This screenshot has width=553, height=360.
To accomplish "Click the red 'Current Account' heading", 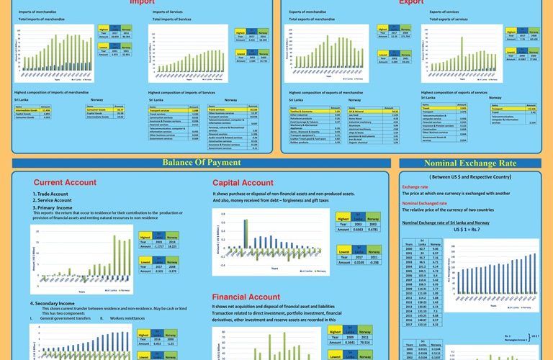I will pos(65,182).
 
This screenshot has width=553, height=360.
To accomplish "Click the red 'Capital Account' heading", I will pos(243,182).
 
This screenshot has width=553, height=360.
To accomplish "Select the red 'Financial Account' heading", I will pos(246,297).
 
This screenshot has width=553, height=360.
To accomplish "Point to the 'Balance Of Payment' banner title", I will pos(201,162).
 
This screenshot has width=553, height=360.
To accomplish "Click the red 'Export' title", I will pos(411,2).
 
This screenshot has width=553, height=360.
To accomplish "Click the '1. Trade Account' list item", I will pos(50,194).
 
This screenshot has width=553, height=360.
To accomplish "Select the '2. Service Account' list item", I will pos(53,200).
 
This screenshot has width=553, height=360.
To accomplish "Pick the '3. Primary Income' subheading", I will pos(53,207).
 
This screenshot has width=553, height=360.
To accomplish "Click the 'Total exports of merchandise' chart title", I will pos(314,19).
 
